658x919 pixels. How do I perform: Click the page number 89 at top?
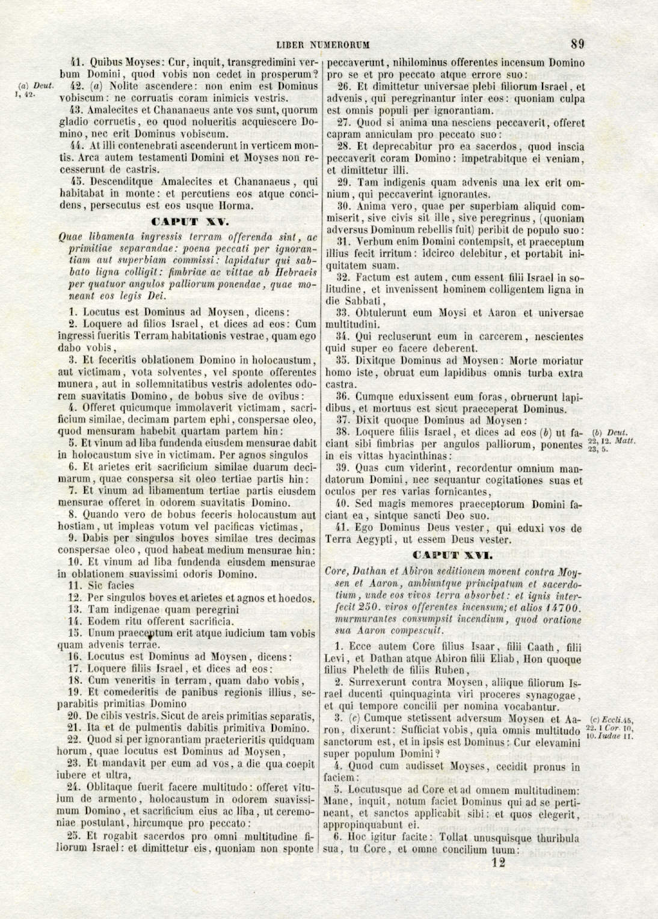(577, 43)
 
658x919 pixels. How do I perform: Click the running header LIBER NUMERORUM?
(323, 45)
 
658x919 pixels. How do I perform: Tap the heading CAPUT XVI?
(453, 555)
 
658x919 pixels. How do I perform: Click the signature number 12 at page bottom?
(498, 862)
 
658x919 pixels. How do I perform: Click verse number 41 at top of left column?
(76, 62)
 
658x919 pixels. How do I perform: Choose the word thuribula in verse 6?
(549, 838)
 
